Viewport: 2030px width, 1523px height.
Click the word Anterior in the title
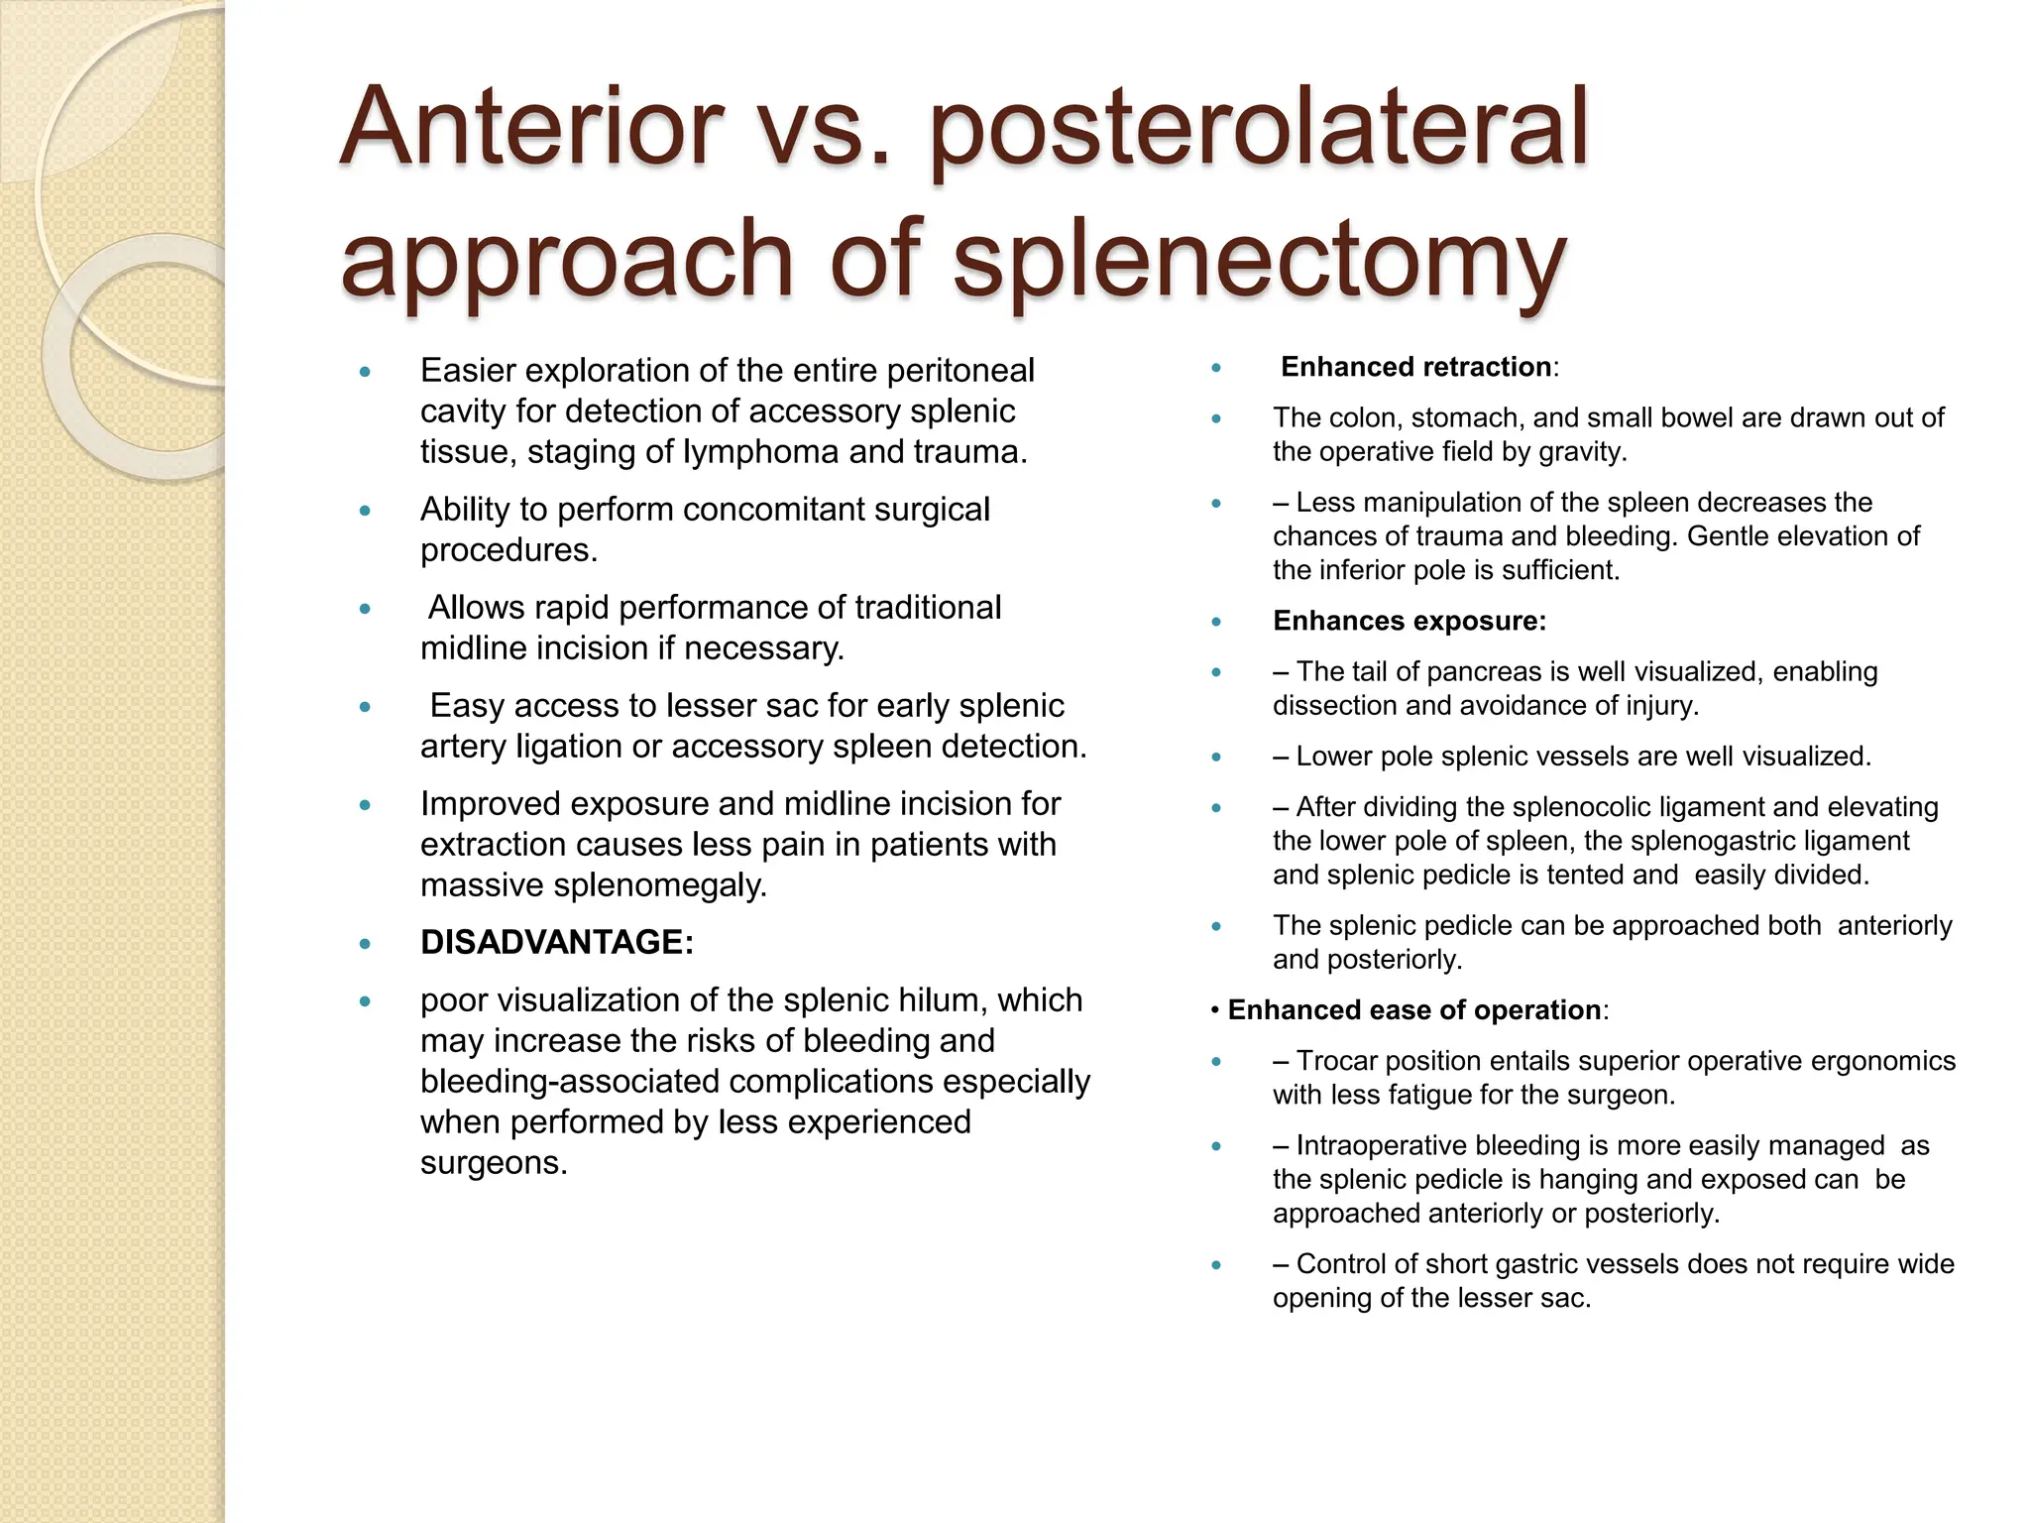pos(531,129)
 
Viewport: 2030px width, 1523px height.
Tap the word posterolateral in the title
pos(1259,129)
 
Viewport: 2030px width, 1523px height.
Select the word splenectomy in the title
pos(1259,260)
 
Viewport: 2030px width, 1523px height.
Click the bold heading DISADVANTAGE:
pos(557,942)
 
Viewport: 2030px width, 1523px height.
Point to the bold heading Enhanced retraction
pos(1415,367)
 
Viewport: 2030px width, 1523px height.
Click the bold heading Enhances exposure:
pos(1409,622)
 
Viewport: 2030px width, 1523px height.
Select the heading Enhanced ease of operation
pos(1413,1010)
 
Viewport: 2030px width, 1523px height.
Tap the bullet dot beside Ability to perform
pos(365,512)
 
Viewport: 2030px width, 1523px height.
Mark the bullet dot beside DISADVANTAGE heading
pos(365,944)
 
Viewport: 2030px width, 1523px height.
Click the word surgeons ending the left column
pos(493,1163)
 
